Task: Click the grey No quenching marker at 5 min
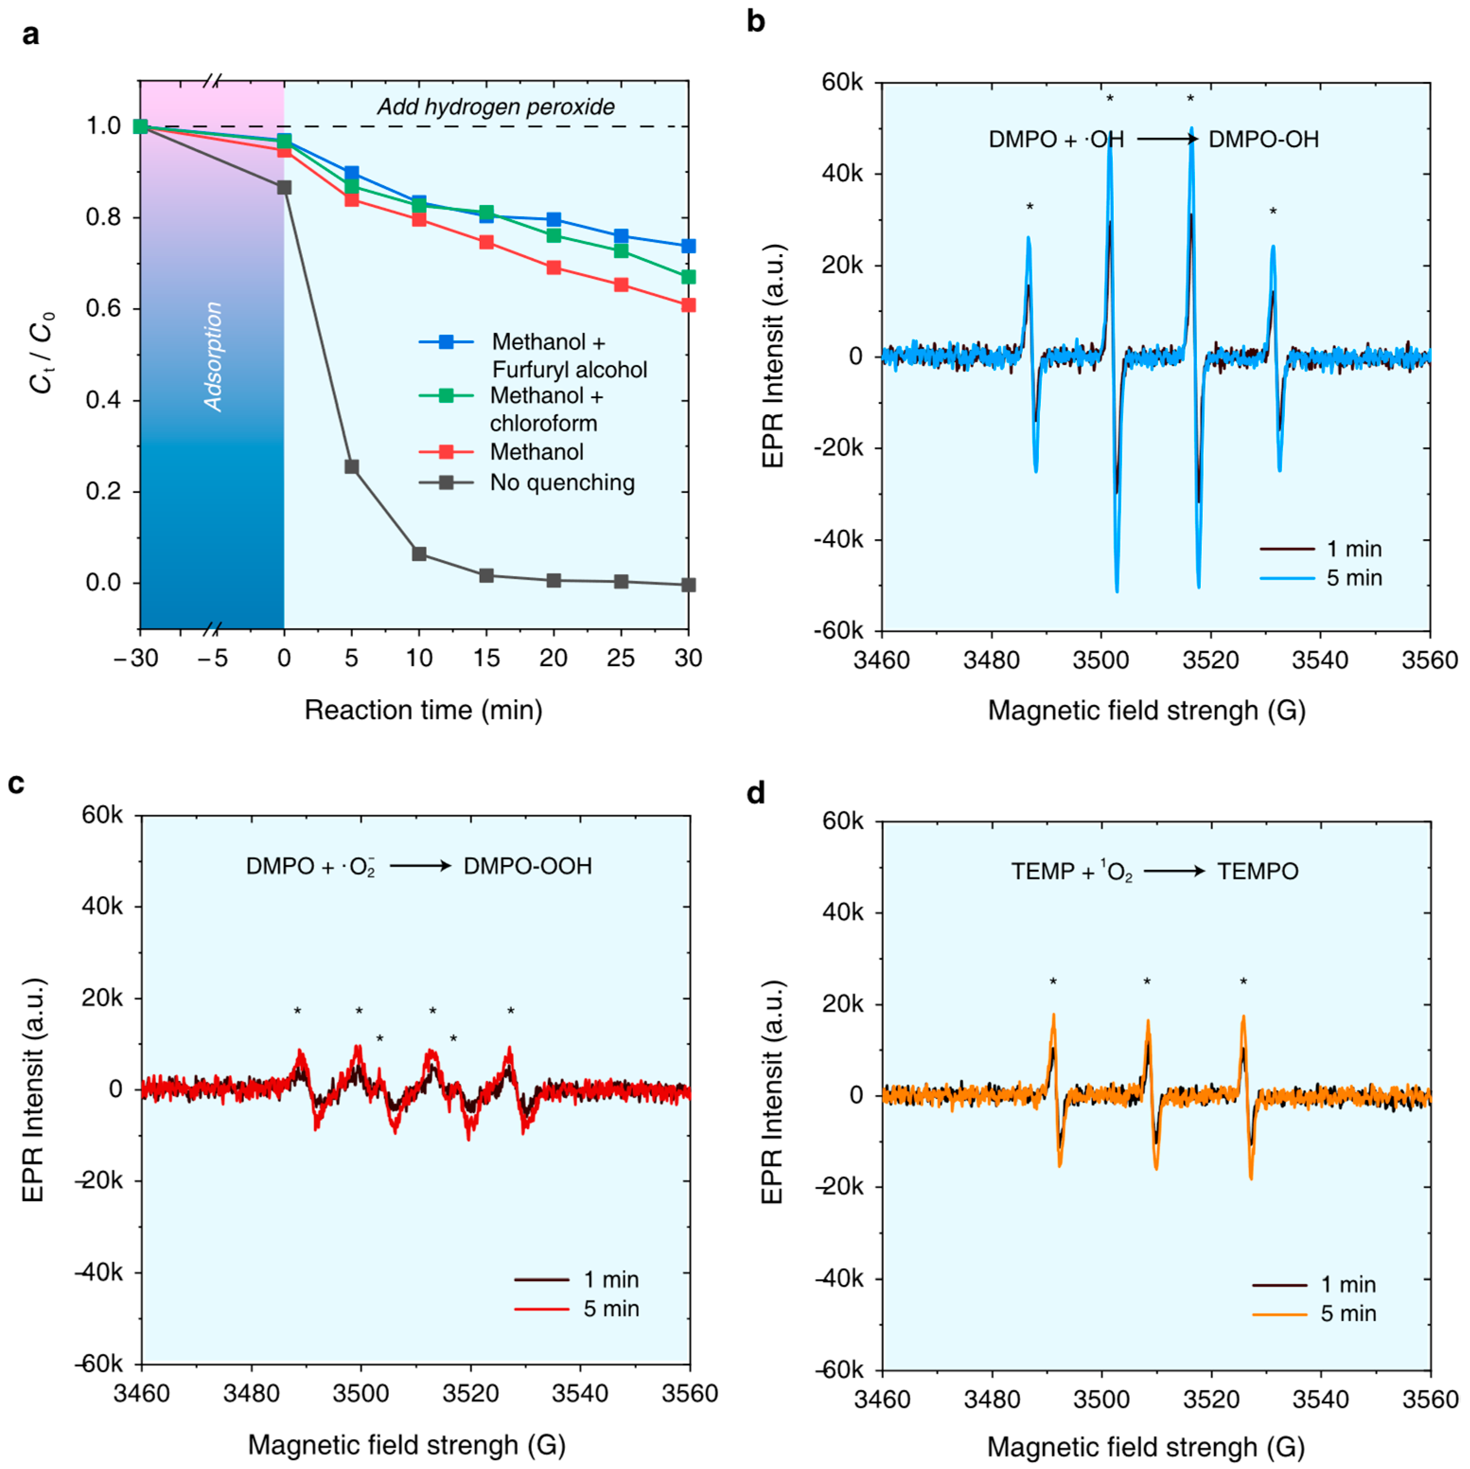click(x=352, y=467)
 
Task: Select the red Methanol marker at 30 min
click(x=688, y=305)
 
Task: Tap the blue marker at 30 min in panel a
click(x=688, y=246)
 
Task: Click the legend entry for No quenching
click(x=562, y=482)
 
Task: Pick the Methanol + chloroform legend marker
click(x=447, y=396)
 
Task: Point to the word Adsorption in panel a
click(x=214, y=356)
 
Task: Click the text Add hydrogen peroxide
click(x=496, y=107)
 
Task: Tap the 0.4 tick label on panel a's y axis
click(x=104, y=401)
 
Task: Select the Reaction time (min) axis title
click(x=423, y=710)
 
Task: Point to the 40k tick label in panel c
click(x=102, y=907)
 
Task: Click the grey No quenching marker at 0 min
click(x=284, y=187)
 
